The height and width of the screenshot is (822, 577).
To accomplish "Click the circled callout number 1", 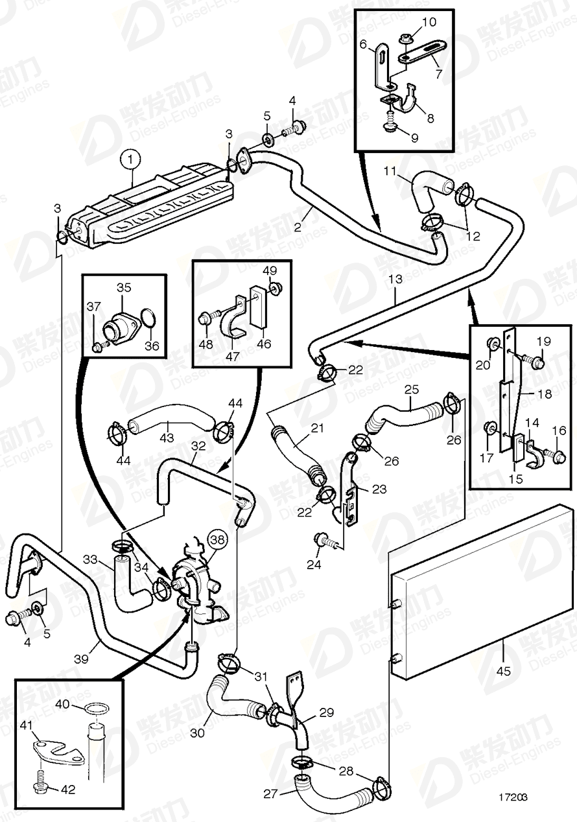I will (x=132, y=158).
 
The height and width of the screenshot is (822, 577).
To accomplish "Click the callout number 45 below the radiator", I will (x=503, y=670).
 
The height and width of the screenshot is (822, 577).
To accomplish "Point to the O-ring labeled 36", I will (x=148, y=318).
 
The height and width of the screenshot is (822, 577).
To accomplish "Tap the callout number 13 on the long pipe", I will (x=396, y=279).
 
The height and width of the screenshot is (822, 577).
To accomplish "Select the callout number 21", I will (x=317, y=429).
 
